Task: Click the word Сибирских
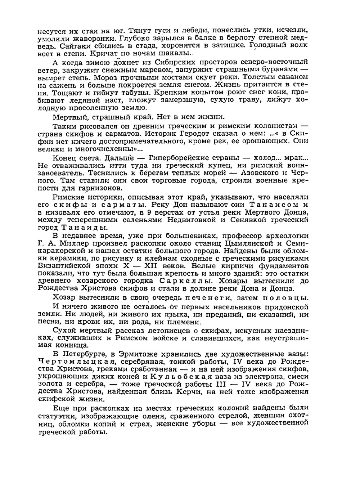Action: [162, 62]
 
